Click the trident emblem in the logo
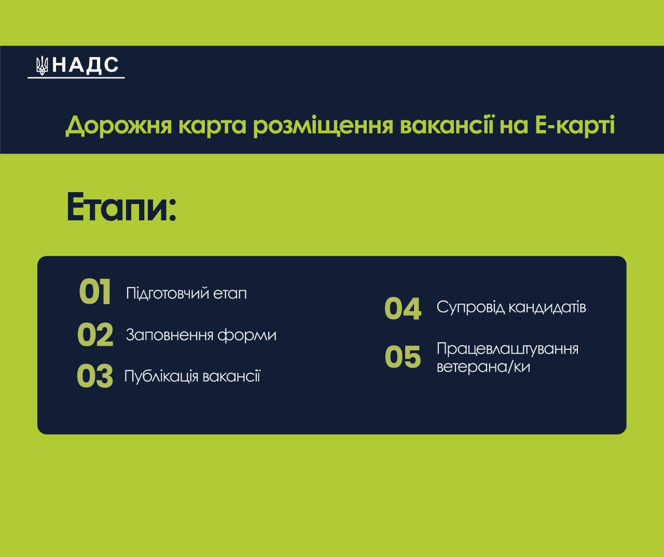[x=41, y=66]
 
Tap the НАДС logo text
[x=85, y=65]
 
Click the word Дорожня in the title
[x=119, y=126]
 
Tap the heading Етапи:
[x=121, y=207]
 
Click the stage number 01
[x=95, y=292]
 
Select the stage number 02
[x=95, y=334]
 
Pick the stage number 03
[x=95, y=376]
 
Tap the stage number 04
[x=403, y=308]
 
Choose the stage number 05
[x=403, y=357]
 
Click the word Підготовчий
[x=167, y=293]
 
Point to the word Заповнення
[x=170, y=335]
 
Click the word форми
[x=247, y=336]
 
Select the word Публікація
[x=161, y=376]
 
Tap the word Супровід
[x=471, y=308]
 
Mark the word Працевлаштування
[x=507, y=349]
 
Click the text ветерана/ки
[x=483, y=367]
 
